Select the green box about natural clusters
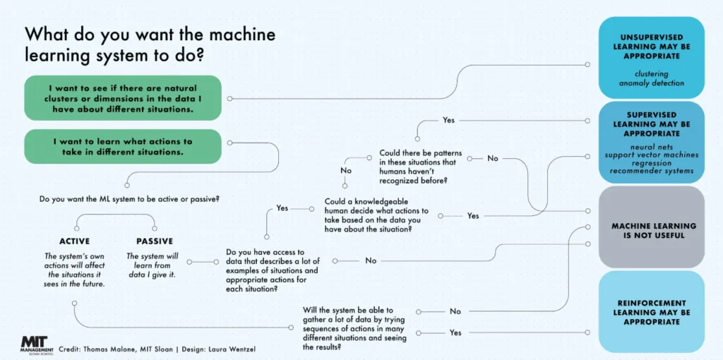coord(123,98)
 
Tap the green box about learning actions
coord(123,146)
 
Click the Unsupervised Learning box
coord(651,58)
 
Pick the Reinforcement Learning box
coord(651,311)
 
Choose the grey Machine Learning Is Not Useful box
coord(651,227)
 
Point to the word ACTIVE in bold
coord(75,241)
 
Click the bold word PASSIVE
coord(155,241)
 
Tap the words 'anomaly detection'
coord(650,83)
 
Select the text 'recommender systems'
coord(651,171)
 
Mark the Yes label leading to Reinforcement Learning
coord(455,332)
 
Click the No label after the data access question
coord(371,261)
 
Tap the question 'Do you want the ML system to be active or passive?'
coord(129,200)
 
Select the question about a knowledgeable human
coord(377,215)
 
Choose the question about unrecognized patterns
coord(419,167)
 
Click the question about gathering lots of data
coord(355,328)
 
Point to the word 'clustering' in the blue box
coord(651,73)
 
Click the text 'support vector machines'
coord(651,155)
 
